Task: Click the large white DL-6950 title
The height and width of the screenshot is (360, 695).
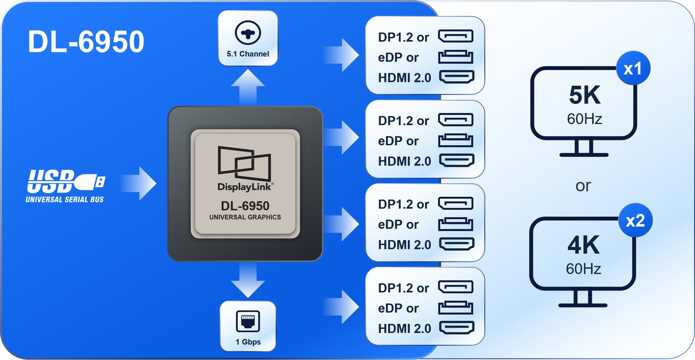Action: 86,42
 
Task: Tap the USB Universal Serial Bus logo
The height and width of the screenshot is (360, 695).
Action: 66,186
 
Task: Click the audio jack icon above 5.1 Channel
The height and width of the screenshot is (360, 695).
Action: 248,33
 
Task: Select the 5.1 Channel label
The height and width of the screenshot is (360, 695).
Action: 248,54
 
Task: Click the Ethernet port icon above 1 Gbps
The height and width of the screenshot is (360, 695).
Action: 248,321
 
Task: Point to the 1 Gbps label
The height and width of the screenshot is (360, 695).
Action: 248,342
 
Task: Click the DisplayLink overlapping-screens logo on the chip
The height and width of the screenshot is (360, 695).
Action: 245,164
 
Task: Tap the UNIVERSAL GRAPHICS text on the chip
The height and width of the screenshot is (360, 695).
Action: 245,217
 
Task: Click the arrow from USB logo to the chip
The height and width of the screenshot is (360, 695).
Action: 139,183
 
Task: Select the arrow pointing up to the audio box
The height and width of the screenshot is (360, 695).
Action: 248,87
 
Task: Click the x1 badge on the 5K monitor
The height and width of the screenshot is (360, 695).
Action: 633,68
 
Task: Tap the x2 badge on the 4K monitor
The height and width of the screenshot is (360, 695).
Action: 635,221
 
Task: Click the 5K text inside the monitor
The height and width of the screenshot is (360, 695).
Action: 584,95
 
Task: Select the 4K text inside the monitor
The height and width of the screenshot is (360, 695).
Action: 584,245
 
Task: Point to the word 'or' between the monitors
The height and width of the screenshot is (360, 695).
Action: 584,186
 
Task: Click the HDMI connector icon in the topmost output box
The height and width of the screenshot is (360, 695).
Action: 457,77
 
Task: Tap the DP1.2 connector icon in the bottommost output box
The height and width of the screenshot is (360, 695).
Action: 456,287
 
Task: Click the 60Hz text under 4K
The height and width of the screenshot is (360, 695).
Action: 584,269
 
